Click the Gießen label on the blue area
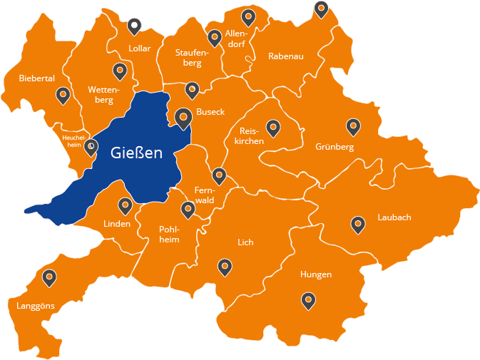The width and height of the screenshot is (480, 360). tap(137, 153)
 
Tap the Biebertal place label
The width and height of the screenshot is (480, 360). tap(37, 78)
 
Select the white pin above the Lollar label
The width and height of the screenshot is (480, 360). tap(134, 26)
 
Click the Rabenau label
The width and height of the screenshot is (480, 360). tap(286, 56)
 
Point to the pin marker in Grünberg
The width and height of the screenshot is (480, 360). tap(353, 126)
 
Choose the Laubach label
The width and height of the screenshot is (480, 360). tap(394, 217)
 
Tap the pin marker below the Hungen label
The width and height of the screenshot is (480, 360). tap(308, 301)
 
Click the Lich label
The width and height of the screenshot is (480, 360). tap(245, 242)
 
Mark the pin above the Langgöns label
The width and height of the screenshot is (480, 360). tap(49, 277)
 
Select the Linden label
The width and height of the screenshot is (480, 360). tap(117, 224)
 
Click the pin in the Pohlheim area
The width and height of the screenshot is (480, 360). tap(188, 209)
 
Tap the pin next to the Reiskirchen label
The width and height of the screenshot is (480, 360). tap(272, 128)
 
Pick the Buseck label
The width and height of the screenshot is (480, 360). tap(210, 112)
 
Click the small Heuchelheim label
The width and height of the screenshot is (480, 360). tap(73, 140)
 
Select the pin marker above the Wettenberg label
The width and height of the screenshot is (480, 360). tap(120, 71)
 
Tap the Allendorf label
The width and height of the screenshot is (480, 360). tap(236, 38)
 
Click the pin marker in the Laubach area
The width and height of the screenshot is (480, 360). tap(358, 225)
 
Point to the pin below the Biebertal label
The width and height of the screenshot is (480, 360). tap(63, 95)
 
